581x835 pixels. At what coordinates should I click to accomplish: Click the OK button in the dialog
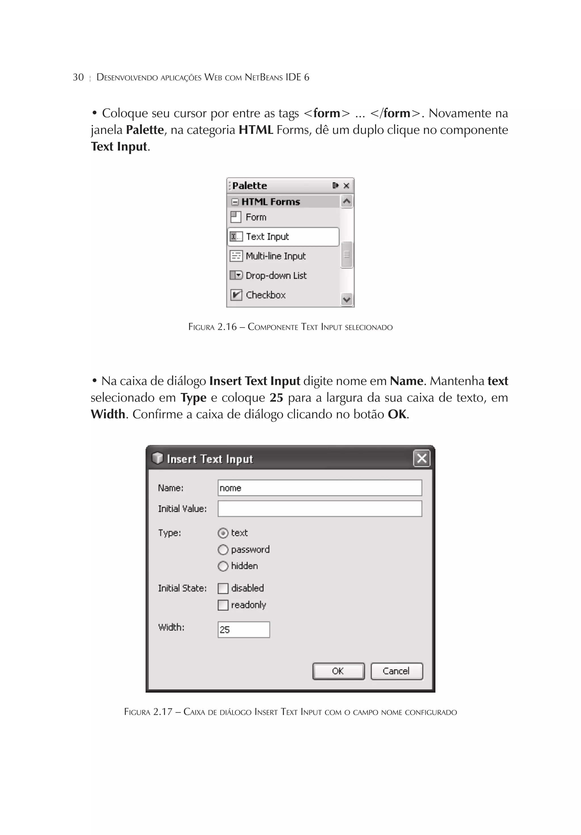pyautogui.click(x=338, y=671)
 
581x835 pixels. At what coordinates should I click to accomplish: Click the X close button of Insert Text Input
pyautogui.click(x=421, y=458)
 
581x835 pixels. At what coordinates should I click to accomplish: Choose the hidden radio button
pyautogui.click(x=223, y=566)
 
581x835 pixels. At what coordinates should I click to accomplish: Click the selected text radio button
pyautogui.click(x=223, y=533)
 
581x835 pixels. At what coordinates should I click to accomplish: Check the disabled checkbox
pyautogui.click(x=223, y=589)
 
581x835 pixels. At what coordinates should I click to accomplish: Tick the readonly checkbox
pyautogui.click(x=223, y=605)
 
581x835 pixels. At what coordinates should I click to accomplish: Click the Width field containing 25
pyautogui.click(x=243, y=630)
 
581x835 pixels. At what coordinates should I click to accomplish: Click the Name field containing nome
pyautogui.click(x=319, y=488)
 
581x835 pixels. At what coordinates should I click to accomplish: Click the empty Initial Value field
pyautogui.click(x=319, y=509)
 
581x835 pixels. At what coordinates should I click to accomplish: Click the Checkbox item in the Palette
pyautogui.click(x=265, y=295)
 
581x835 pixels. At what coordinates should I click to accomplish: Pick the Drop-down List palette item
pyautogui.click(x=276, y=276)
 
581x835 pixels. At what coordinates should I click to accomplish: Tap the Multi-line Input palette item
pyautogui.click(x=275, y=256)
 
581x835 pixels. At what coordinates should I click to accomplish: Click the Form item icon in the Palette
pyautogui.click(x=236, y=217)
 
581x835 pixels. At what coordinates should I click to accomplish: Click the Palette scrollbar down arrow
pyautogui.click(x=347, y=300)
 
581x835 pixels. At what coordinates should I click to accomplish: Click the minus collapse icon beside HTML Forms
pyautogui.click(x=235, y=202)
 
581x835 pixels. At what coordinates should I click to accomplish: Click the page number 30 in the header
pyautogui.click(x=78, y=77)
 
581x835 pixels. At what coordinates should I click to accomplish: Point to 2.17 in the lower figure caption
pyautogui.click(x=162, y=712)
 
